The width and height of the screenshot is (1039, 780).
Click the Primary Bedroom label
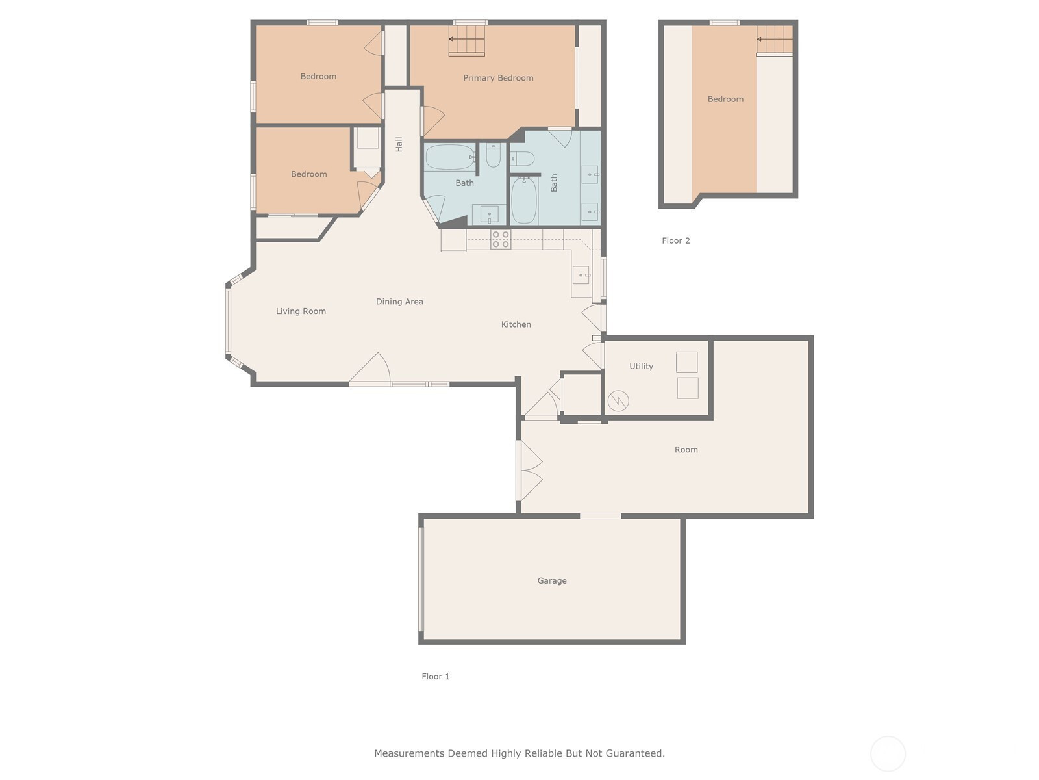(498, 78)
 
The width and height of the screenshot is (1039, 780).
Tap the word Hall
(399, 144)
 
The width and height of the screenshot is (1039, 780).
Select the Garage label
(552, 580)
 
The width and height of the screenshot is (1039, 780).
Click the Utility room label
(641, 366)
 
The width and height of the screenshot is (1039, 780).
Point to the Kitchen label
(516, 324)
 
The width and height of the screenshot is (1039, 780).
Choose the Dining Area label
(399, 302)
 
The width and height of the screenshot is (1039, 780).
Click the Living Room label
(301, 311)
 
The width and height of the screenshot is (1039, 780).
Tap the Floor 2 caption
(676, 240)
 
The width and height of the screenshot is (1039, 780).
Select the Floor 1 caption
(436, 676)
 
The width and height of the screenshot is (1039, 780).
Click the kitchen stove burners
(500, 240)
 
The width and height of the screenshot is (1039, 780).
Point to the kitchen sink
(581, 275)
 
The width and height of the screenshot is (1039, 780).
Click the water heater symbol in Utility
(618, 400)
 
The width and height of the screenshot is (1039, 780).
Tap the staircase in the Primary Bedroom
(467, 40)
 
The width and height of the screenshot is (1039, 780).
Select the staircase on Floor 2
(775, 41)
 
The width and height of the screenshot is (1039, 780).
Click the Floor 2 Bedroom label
(725, 99)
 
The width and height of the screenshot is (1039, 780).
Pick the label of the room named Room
(686, 450)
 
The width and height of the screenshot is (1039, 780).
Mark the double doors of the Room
(530, 471)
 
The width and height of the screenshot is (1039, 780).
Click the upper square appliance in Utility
(687, 362)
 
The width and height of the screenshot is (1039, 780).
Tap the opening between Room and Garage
(600, 515)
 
